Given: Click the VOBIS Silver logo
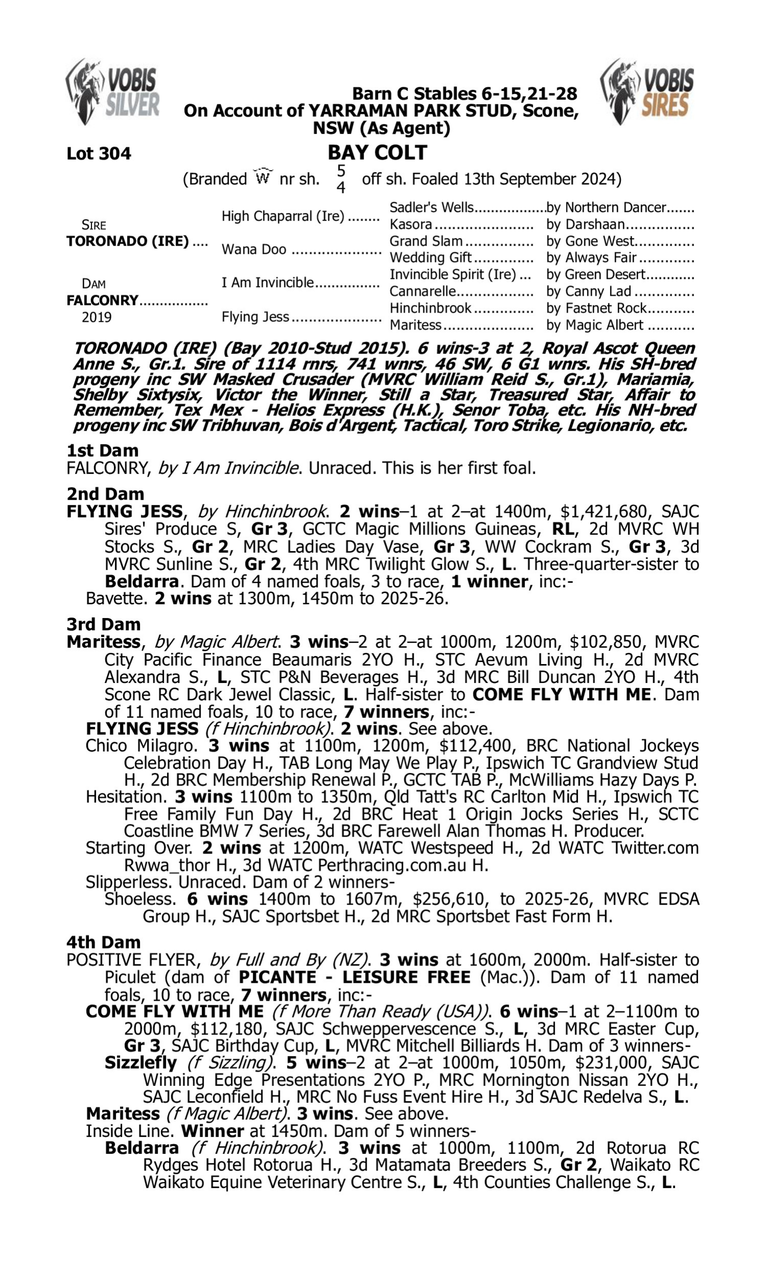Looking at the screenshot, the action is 112,92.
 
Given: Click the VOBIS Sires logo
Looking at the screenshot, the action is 648,92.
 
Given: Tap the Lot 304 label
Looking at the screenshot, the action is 99,154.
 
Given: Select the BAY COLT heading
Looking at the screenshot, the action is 377,153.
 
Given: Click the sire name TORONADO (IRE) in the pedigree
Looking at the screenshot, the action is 128,242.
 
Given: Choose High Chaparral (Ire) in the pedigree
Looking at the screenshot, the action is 283,216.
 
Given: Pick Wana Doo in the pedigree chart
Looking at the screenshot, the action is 253,250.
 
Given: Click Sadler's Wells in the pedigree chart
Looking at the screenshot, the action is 431,207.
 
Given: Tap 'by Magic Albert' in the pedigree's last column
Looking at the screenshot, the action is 594,325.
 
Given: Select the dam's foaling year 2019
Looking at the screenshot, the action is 97,317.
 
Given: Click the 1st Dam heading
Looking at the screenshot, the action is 102,451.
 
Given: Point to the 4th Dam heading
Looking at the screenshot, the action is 103,942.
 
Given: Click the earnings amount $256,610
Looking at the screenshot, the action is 448,899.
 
